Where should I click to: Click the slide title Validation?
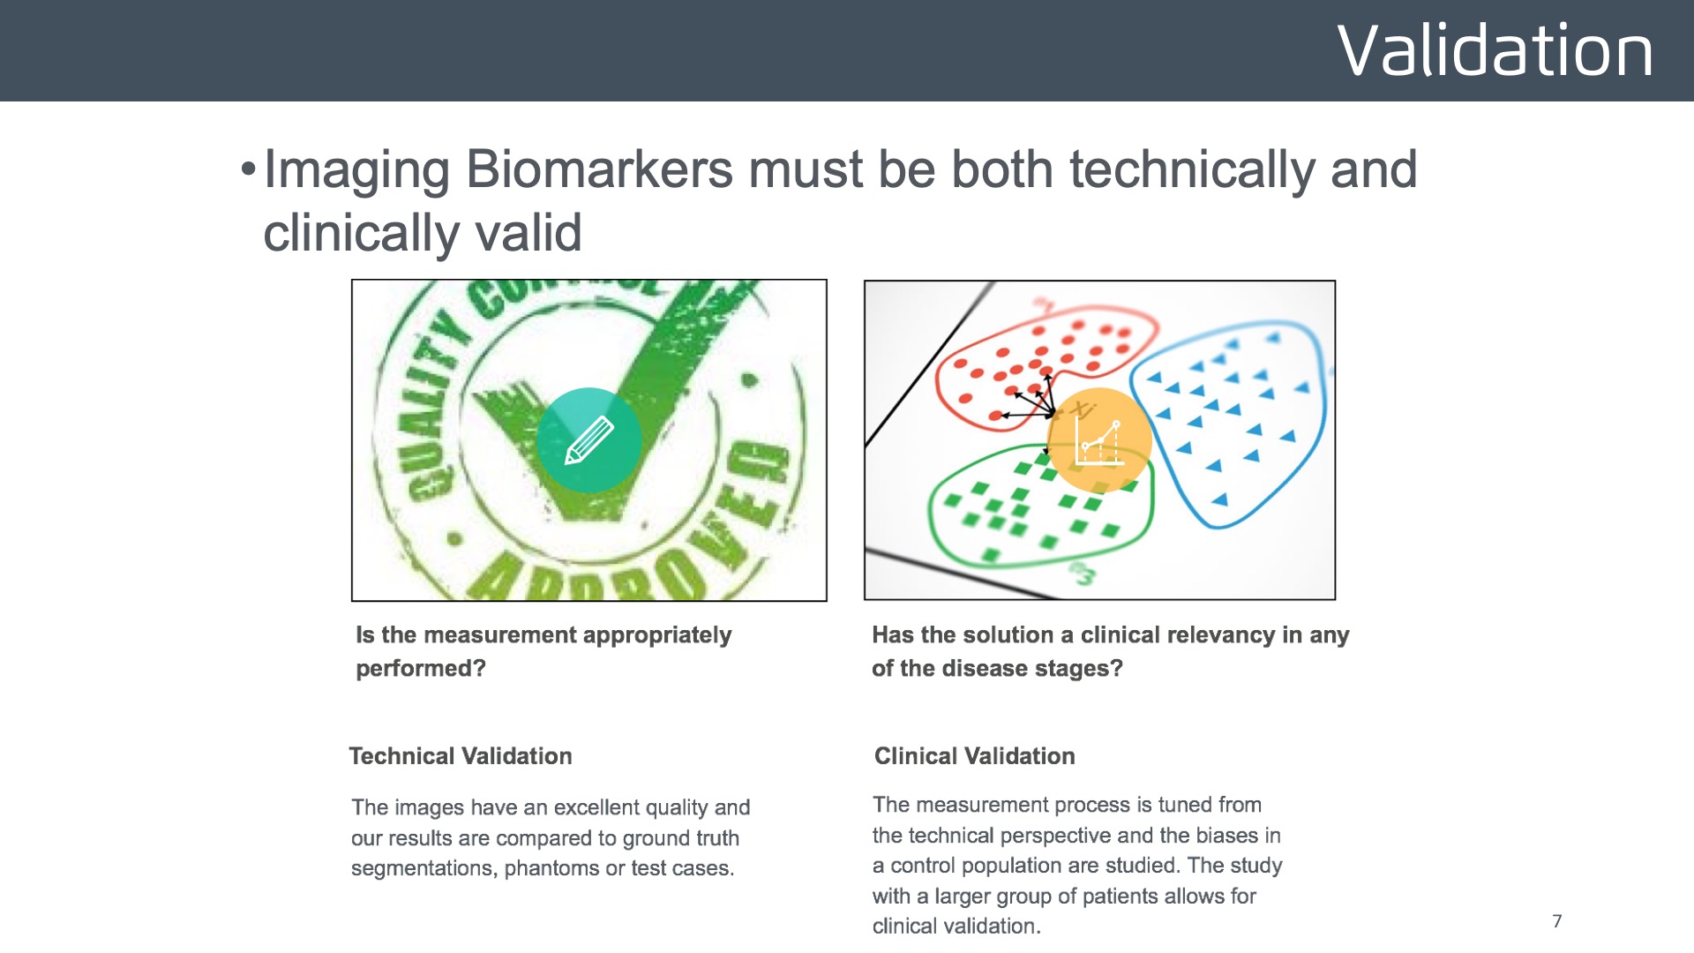(x=1495, y=50)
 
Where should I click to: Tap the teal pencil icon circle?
(x=588, y=439)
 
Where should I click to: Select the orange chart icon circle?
(x=1098, y=439)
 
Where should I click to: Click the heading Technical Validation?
(x=460, y=756)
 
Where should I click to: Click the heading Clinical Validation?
(x=974, y=756)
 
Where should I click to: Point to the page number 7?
(x=1557, y=921)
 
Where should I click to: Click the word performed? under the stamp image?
(x=421, y=668)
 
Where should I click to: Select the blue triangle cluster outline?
(x=1321, y=415)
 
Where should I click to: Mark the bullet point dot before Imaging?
(x=248, y=169)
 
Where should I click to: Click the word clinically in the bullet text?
(x=360, y=233)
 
